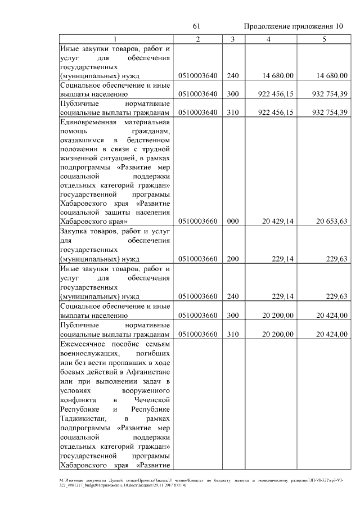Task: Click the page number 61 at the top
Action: [x=196, y=26]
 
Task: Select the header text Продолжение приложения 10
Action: [x=293, y=26]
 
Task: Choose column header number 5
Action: [x=324, y=39]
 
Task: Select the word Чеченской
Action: [x=152, y=399]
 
